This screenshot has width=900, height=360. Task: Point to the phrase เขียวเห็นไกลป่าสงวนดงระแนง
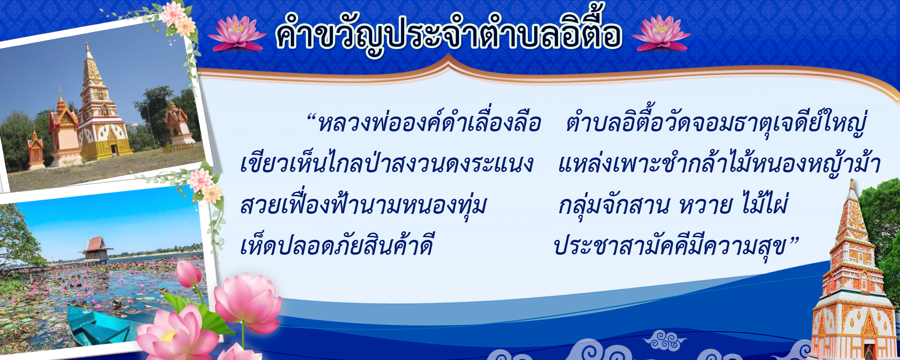[x=387, y=163]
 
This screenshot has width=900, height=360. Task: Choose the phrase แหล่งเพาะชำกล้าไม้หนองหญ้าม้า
[x=719, y=163]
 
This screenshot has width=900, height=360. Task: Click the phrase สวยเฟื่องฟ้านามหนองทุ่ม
[x=364, y=205]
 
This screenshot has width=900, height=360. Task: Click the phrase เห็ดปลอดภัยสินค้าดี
[x=337, y=246]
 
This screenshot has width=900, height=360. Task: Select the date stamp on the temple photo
[x=178, y=147]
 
